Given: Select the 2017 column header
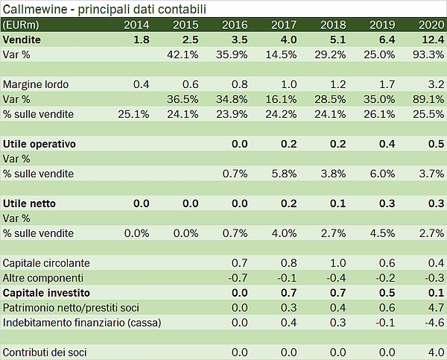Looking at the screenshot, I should click(x=283, y=25).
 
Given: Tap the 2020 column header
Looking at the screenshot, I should click(x=431, y=25).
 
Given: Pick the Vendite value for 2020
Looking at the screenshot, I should click(x=430, y=39).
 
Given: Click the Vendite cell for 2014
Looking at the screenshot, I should click(x=142, y=39).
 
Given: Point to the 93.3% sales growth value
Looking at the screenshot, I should click(x=427, y=54).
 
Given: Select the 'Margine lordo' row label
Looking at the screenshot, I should click(x=36, y=84).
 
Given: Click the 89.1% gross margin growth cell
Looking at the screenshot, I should click(x=427, y=99).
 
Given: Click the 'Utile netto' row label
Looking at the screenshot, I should click(x=30, y=203).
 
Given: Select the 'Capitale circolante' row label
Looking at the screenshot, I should click(x=46, y=262).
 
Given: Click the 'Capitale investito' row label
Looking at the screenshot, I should click(x=45, y=292).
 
